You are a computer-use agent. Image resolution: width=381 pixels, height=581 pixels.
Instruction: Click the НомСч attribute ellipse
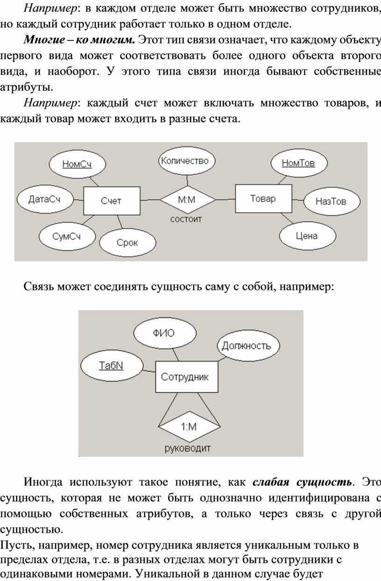tap(78, 164)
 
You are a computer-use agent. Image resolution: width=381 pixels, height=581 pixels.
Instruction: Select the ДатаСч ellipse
tap(45, 199)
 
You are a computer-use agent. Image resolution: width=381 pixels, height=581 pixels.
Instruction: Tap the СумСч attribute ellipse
tap(67, 236)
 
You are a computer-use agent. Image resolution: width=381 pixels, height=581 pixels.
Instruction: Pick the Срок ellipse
tap(127, 242)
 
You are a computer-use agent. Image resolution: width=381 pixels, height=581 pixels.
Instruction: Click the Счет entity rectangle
tap(112, 201)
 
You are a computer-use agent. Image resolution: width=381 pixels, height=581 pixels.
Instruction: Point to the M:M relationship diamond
tap(188, 199)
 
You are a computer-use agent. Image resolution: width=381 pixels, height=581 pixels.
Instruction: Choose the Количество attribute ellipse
tap(187, 161)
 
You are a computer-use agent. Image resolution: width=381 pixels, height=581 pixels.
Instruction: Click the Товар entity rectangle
tap(263, 198)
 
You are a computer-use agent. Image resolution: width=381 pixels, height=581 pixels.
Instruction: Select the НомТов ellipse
tap(299, 163)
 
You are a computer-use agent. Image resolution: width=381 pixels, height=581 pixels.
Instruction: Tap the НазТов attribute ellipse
tap(332, 201)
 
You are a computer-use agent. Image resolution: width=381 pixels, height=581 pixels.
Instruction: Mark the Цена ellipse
tap(308, 236)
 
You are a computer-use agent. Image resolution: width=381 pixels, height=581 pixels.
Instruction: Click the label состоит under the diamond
tap(186, 220)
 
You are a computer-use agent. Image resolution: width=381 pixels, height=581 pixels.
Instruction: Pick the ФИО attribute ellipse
tap(165, 333)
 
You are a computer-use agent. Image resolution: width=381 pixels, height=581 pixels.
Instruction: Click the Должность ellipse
tap(248, 346)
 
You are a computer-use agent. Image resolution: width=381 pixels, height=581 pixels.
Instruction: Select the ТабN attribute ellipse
tap(112, 366)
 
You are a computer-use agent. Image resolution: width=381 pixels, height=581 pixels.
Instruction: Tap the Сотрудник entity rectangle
tap(187, 377)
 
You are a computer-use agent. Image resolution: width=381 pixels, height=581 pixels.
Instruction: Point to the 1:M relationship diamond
tap(190, 426)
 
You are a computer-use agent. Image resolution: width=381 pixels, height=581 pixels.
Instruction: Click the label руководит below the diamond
tap(188, 448)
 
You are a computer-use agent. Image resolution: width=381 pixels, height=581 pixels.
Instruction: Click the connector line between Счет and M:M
tap(150, 200)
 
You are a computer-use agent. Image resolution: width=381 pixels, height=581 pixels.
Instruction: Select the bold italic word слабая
tap(271, 482)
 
